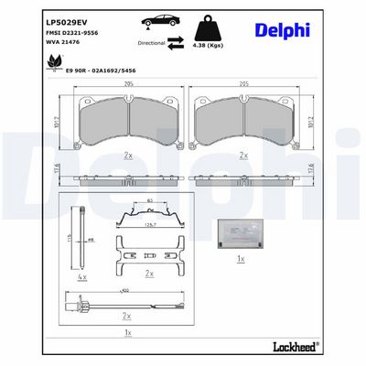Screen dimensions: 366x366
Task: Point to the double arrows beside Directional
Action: pyautogui.click(x=175, y=42)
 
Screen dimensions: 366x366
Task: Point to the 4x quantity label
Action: pyautogui.click(x=82, y=275)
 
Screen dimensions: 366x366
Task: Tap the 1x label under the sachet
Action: pyautogui.click(x=240, y=260)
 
